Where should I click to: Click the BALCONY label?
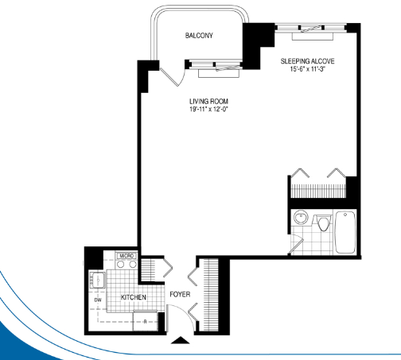tap(199, 36)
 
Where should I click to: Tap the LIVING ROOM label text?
tap(208, 101)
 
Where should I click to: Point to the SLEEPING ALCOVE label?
tap(307, 61)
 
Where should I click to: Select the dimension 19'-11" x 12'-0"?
tap(208, 109)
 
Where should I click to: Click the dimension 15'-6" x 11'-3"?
tap(308, 69)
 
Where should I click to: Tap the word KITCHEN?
tap(134, 297)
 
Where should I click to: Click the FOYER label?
tap(180, 294)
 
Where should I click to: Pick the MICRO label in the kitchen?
tap(127, 256)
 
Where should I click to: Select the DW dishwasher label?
tap(98, 300)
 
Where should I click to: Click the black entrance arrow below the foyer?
tap(181, 340)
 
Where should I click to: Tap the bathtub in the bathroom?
tap(345, 232)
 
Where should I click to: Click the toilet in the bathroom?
tap(323, 223)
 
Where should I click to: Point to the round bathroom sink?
tap(301, 218)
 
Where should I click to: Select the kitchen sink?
tap(98, 280)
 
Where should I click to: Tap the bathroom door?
tap(296, 246)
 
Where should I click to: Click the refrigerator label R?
tap(145, 322)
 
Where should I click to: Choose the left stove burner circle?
tap(121, 264)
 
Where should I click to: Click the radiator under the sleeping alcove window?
tap(313, 37)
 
